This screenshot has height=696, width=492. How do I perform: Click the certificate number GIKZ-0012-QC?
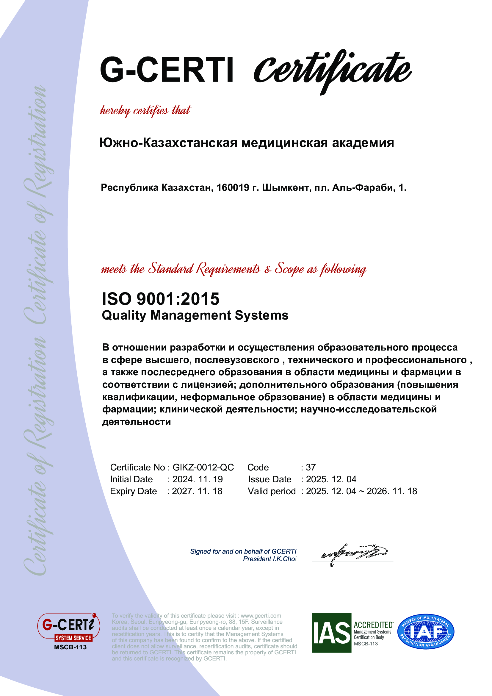coord(203,467)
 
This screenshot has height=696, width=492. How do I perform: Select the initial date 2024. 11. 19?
coord(198,479)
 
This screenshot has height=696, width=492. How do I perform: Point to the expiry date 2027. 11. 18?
coord(197,491)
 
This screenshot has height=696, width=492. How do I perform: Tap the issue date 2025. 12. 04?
coord(331,479)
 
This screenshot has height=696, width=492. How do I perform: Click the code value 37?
coord(311,467)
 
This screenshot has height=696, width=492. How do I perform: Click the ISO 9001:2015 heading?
coord(161,299)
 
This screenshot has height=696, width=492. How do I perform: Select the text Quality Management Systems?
coord(195,315)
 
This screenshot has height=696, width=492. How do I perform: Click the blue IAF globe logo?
coord(426,632)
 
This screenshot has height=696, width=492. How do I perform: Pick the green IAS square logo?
coord(331,633)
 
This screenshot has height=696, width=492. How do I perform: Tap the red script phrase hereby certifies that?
coord(145,110)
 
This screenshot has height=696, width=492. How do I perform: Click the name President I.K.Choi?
coord(269,559)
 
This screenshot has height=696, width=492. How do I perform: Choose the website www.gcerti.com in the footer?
coord(261,616)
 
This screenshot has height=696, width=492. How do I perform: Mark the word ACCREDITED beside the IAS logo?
coord(373,625)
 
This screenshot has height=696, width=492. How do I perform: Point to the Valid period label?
coord(272,491)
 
